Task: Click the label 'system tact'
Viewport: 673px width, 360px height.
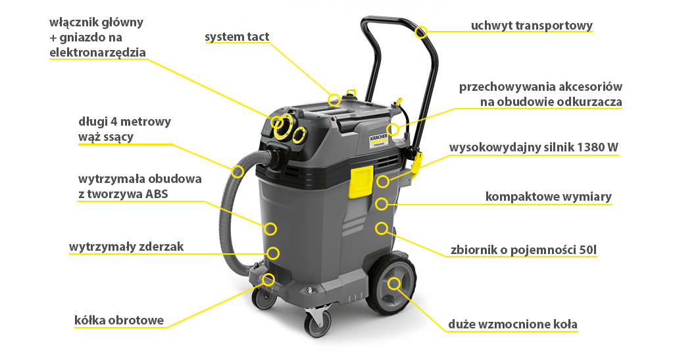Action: [x=237, y=37]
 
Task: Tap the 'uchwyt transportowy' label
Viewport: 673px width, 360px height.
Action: [x=532, y=26]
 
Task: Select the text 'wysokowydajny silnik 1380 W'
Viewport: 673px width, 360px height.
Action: [x=533, y=147]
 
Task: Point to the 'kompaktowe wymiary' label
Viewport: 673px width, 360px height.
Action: [x=549, y=196]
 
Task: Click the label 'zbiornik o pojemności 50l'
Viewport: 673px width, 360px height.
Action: [x=524, y=249]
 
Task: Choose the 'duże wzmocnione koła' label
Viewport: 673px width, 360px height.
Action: [x=512, y=324]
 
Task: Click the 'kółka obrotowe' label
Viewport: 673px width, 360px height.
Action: [x=119, y=320]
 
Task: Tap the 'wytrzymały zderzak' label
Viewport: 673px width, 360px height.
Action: [x=126, y=247]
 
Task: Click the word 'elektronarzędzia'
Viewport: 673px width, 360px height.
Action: [x=97, y=53]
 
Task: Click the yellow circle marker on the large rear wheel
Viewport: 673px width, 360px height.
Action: [x=394, y=284]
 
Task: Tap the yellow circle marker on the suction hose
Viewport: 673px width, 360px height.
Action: [x=237, y=172]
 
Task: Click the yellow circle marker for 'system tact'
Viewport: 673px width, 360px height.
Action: [x=334, y=100]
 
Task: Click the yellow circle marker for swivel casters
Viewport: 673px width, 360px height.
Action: [x=268, y=280]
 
